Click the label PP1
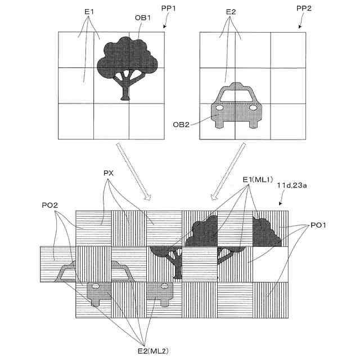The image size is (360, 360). pos(174,11)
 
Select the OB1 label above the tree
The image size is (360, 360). pos(142,18)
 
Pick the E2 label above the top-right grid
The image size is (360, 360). pos(231,11)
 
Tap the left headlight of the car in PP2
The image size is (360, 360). pos(220,107)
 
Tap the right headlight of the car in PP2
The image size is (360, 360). pos(253,107)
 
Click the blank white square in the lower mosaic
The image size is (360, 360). pos(270,264)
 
